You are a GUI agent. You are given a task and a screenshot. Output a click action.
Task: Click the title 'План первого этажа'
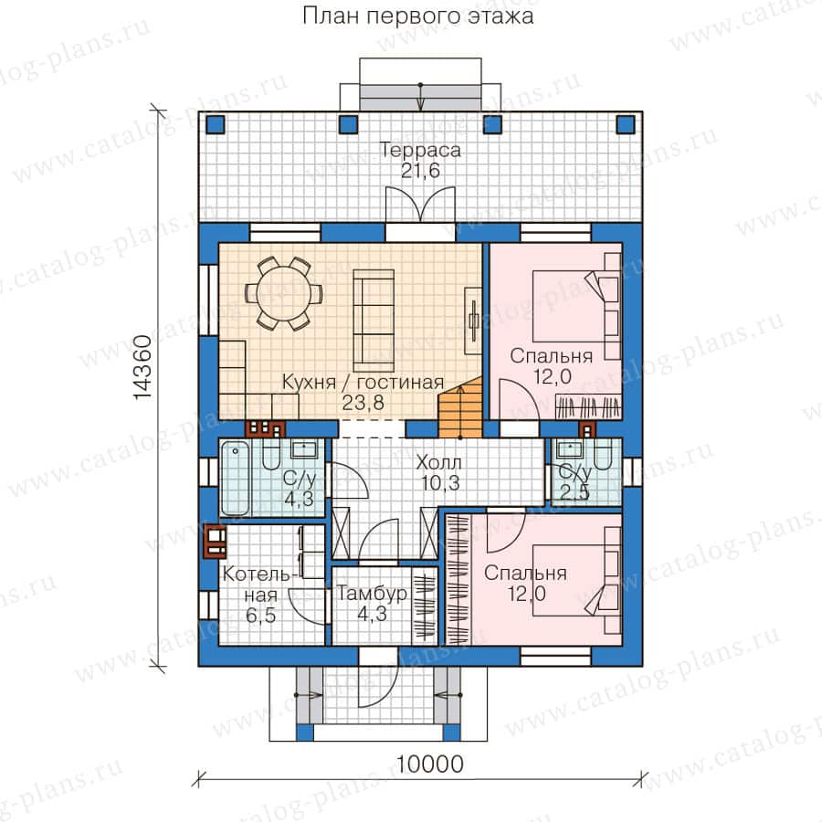pyautogui.click(x=417, y=16)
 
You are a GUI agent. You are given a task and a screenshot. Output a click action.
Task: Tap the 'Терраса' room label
pyautogui.click(x=420, y=150)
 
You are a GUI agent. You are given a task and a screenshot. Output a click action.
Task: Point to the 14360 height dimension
pyautogui.click(x=142, y=367)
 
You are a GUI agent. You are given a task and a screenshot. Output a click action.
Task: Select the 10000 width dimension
pyautogui.click(x=430, y=764)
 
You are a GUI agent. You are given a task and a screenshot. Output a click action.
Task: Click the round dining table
pyautogui.click(x=283, y=293)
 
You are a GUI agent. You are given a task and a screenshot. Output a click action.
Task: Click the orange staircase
pyautogui.click(x=459, y=407)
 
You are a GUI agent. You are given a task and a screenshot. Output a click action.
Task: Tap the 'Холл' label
pyautogui.click(x=438, y=462)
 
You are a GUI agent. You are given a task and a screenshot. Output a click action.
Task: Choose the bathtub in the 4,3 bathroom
pyautogui.click(x=235, y=478)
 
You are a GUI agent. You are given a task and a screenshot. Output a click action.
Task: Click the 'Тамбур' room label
pyautogui.click(x=372, y=594)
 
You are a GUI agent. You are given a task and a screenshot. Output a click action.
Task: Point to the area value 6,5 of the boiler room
pyautogui.click(x=260, y=615)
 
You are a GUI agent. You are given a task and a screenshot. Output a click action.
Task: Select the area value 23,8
pyautogui.click(x=363, y=403)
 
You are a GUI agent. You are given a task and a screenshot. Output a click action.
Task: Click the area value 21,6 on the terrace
pyautogui.click(x=420, y=171)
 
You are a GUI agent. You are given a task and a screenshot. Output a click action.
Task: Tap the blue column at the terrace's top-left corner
pyautogui.click(x=216, y=124)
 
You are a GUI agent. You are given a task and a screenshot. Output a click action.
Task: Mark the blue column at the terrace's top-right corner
pyautogui.click(x=625, y=124)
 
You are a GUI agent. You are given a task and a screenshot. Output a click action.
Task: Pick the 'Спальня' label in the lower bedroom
pyautogui.click(x=525, y=573)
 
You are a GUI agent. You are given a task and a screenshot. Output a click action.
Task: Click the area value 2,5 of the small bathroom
pyautogui.click(x=574, y=492)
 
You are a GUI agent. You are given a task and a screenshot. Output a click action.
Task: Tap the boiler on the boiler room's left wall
pyautogui.click(x=215, y=542)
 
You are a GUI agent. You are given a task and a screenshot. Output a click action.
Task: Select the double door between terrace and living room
pyautogui.click(x=420, y=205)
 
